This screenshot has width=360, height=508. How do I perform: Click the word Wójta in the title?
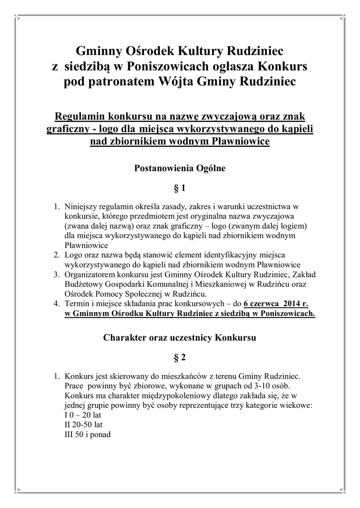pos(194,81)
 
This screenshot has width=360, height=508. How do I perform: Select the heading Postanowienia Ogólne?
pos(180,169)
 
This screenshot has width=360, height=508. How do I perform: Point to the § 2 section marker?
pos(180,357)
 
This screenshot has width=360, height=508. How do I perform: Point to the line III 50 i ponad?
pos(87,435)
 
